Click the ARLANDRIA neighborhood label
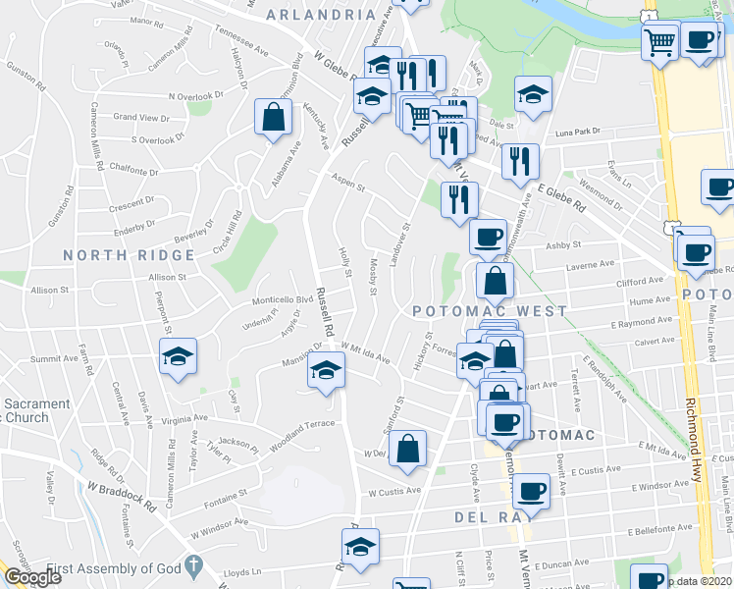[x=320, y=15]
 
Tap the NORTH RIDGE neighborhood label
[x=130, y=255]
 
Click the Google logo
[x=31, y=577]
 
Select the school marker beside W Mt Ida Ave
[x=327, y=370]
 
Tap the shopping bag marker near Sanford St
[x=408, y=448]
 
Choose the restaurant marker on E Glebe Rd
[x=520, y=160]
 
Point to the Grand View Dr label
[x=141, y=117]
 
